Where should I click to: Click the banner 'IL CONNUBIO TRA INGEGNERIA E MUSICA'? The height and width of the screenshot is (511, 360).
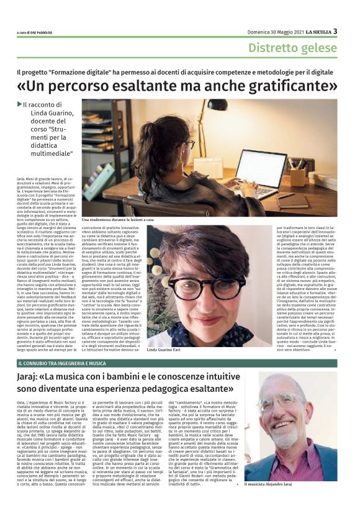62,363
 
